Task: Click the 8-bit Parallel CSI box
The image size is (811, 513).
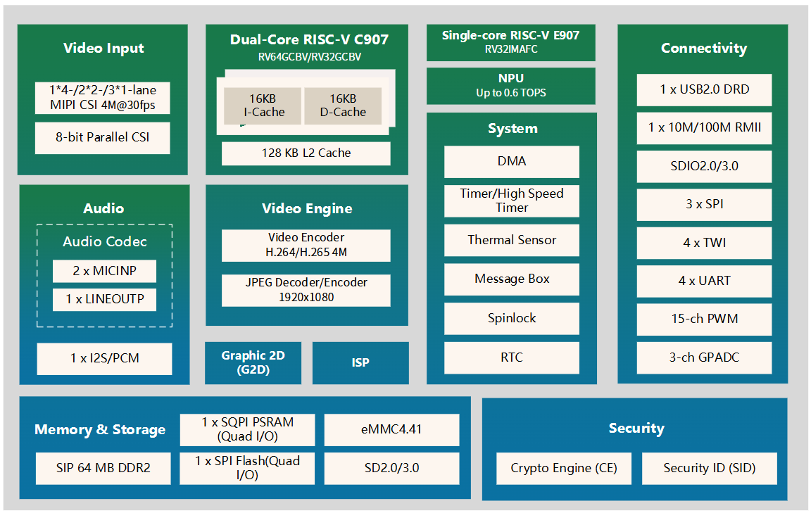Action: (x=103, y=138)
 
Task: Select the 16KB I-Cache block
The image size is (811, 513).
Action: (x=263, y=105)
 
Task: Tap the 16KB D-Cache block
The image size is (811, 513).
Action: (x=343, y=105)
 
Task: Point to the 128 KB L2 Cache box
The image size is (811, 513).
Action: (x=306, y=153)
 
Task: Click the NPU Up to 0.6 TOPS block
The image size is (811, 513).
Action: (x=511, y=85)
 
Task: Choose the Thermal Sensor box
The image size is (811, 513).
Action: (x=512, y=240)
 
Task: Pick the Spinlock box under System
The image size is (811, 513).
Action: (x=512, y=318)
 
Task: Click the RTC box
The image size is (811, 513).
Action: (x=512, y=357)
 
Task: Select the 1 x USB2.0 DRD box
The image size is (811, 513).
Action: (x=704, y=89)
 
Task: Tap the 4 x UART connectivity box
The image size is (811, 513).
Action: (x=704, y=281)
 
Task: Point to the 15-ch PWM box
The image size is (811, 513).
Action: (x=704, y=319)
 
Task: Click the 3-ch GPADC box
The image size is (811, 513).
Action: (x=704, y=357)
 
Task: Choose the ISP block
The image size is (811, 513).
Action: (x=360, y=363)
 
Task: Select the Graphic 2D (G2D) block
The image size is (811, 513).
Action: (x=253, y=362)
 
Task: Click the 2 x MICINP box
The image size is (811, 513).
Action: (x=104, y=271)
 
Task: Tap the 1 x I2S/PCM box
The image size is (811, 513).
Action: (x=104, y=358)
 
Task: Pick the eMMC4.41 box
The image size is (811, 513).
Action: (x=391, y=429)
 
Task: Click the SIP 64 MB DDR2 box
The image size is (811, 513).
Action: (x=103, y=468)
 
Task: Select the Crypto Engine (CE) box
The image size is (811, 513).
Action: (x=564, y=469)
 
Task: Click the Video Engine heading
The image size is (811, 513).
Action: (x=307, y=208)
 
